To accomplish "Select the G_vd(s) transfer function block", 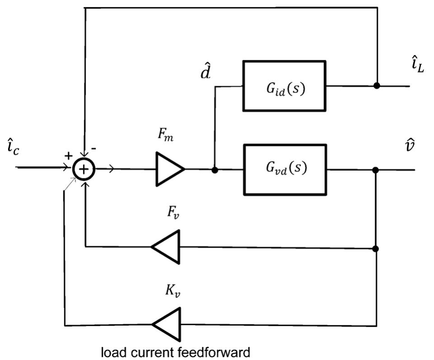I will (285, 170).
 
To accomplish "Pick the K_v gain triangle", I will (167, 325).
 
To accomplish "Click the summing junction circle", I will (84, 169).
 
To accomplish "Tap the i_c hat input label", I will (13, 150).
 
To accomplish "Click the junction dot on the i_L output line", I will (376, 86).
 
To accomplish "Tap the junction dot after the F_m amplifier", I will (215, 170).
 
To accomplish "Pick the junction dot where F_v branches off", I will (376, 248).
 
